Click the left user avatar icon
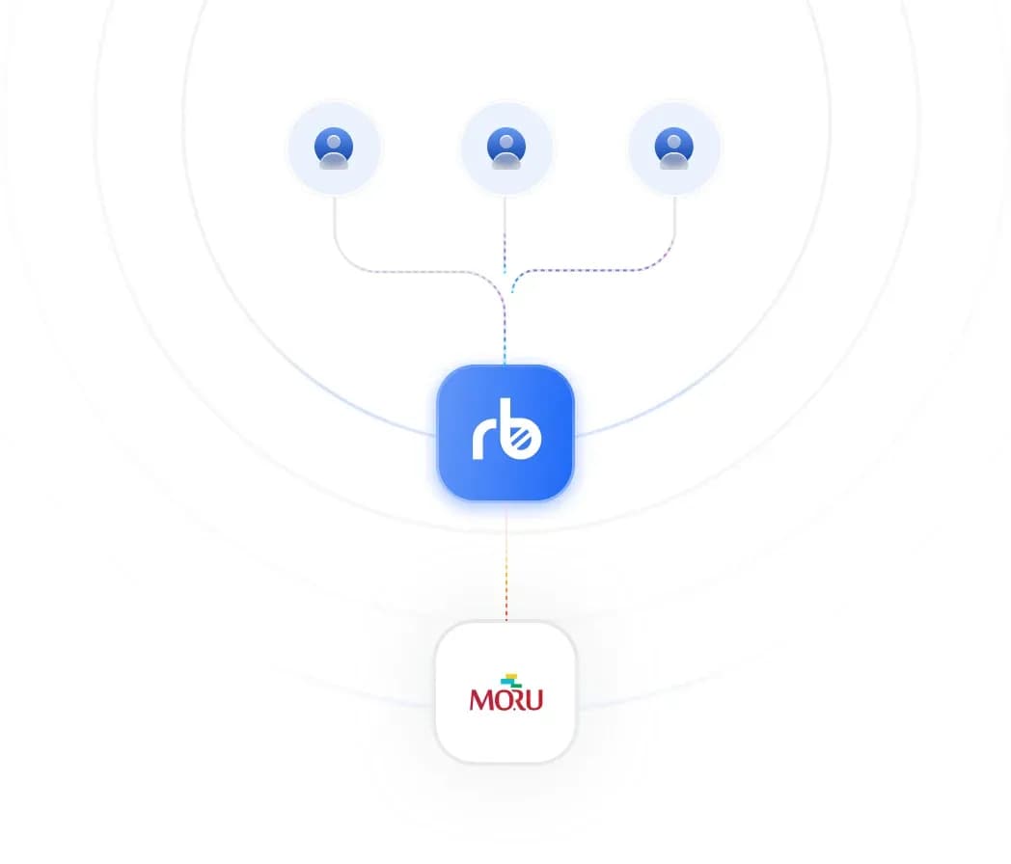click(x=334, y=148)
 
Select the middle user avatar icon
click(x=506, y=148)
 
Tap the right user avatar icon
click(x=673, y=148)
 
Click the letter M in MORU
click(x=481, y=700)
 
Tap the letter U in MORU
click(x=534, y=700)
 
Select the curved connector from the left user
click(x=419, y=271)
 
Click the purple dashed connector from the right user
click(x=593, y=269)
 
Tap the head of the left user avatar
click(x=334, y=142)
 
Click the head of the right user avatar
click(x=673, y=142)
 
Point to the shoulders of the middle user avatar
click(x=506, y=161)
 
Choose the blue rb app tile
click(x=505, y=432)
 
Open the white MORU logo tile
click(x=506, y=692)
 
